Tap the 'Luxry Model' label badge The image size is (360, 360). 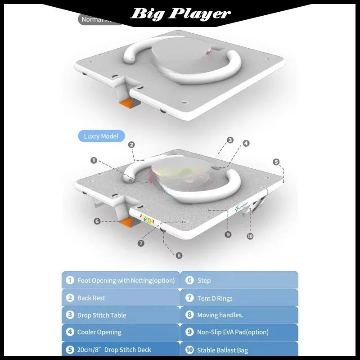(101, 136)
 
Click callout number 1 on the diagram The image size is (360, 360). (94, 160)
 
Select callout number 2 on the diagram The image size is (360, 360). (131, 144)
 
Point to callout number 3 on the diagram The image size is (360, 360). (230, 140)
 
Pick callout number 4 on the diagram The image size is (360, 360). (246, 144)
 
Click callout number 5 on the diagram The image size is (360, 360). (276, 162)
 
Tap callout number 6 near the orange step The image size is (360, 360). (97, 221)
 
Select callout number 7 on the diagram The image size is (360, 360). (141, 243)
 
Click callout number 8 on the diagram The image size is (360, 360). (179, 255)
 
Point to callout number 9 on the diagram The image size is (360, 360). (228, 234)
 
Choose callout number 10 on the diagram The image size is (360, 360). (250, 236)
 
